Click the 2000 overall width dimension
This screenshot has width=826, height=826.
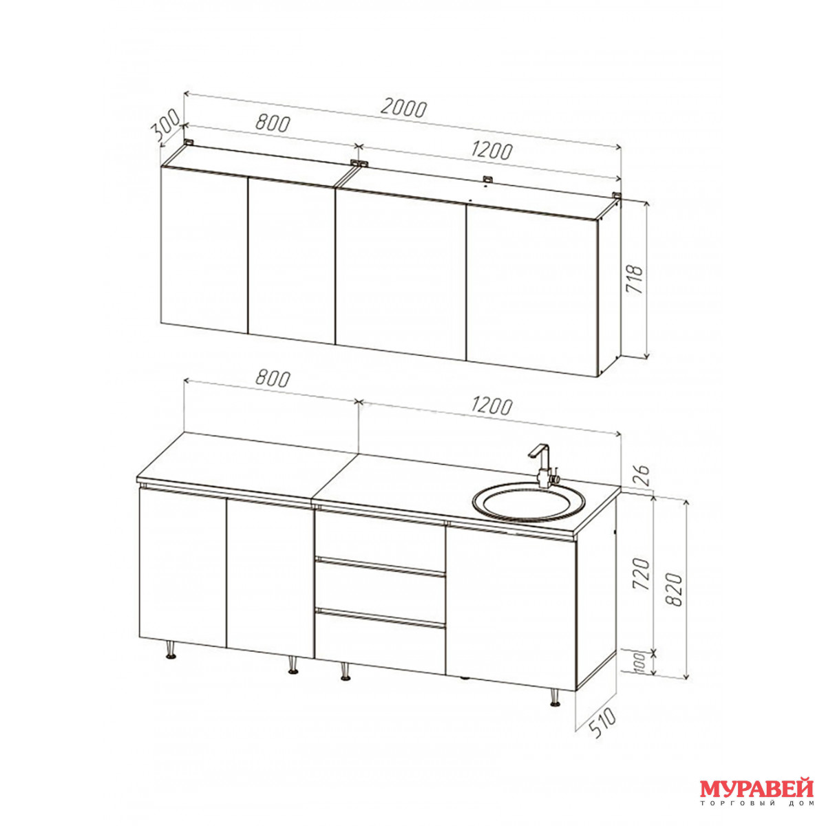(x=403, y=109)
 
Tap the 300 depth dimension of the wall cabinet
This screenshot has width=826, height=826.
(x=165, y=125)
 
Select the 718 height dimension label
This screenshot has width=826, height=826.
(x=635, y=279)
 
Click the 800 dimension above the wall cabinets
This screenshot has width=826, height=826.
(x=273, y=123)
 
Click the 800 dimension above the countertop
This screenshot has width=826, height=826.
(x=273, y=378)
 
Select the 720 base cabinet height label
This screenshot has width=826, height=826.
(x=643, y=574)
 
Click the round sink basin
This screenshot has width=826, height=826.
(x=528, y=502)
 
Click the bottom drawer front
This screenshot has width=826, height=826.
(x=380, y=642)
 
